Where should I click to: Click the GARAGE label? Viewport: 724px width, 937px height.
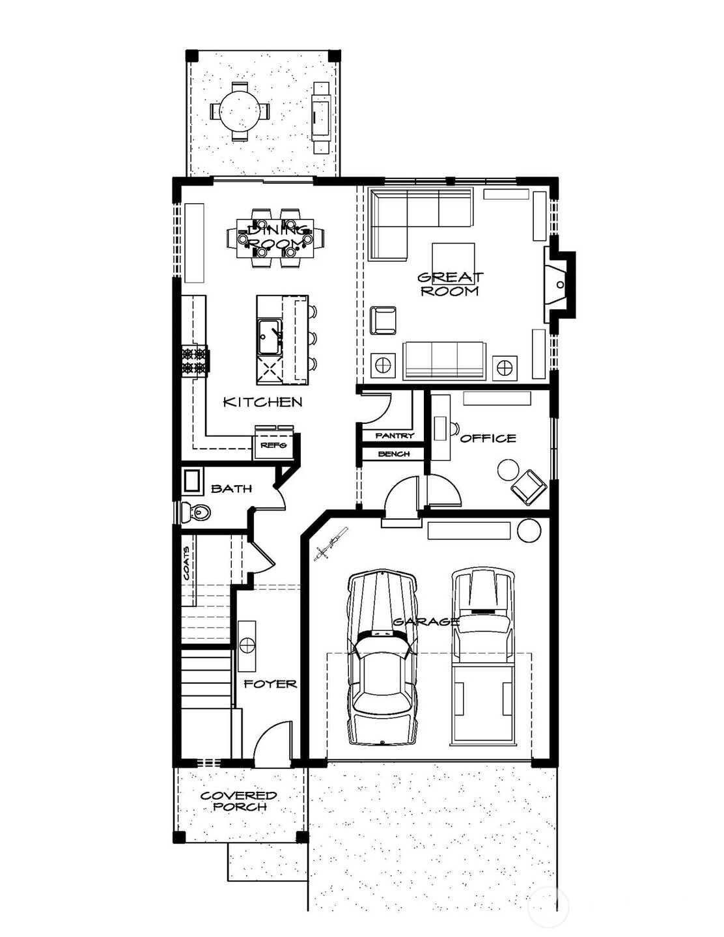click(426, 621)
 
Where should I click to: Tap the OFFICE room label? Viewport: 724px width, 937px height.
click(488, 438)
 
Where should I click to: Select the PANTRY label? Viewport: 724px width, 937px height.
click(395, 435)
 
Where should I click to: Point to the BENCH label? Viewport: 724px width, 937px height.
click(394, 453)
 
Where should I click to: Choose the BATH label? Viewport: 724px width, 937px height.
click(231, 488)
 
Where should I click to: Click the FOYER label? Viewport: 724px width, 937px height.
click(270, 684)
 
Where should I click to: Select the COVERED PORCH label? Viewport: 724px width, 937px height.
click(238, 801)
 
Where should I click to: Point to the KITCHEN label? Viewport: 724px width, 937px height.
click(263, 402)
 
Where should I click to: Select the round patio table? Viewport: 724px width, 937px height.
click(239, 111)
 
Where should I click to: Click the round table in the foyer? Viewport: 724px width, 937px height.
click(247, 645)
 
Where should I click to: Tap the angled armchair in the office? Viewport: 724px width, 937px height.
click(529, 486)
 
